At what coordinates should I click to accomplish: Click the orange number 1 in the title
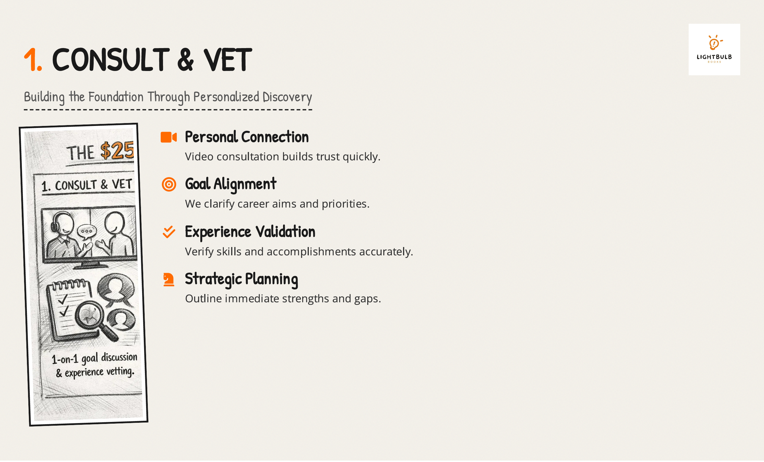(31, 60)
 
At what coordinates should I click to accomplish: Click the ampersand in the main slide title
(185, 60)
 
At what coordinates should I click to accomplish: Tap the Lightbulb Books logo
(714, 49)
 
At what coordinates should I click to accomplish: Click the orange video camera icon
(169, 137)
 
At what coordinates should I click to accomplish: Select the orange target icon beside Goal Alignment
(169, 184)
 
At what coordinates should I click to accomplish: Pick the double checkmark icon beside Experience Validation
(169, 232)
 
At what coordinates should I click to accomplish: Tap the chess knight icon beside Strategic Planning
(169, 279)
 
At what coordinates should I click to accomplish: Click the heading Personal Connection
(247, 137)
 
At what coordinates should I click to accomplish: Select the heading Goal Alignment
(231, 184)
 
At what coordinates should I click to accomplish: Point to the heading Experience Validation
(250, 232)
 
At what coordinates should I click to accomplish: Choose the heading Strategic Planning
(241, 279)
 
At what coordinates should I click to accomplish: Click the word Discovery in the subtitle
(287, 97)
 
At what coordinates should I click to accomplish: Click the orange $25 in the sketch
(117, 151)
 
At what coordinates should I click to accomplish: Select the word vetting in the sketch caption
(121, 371)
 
